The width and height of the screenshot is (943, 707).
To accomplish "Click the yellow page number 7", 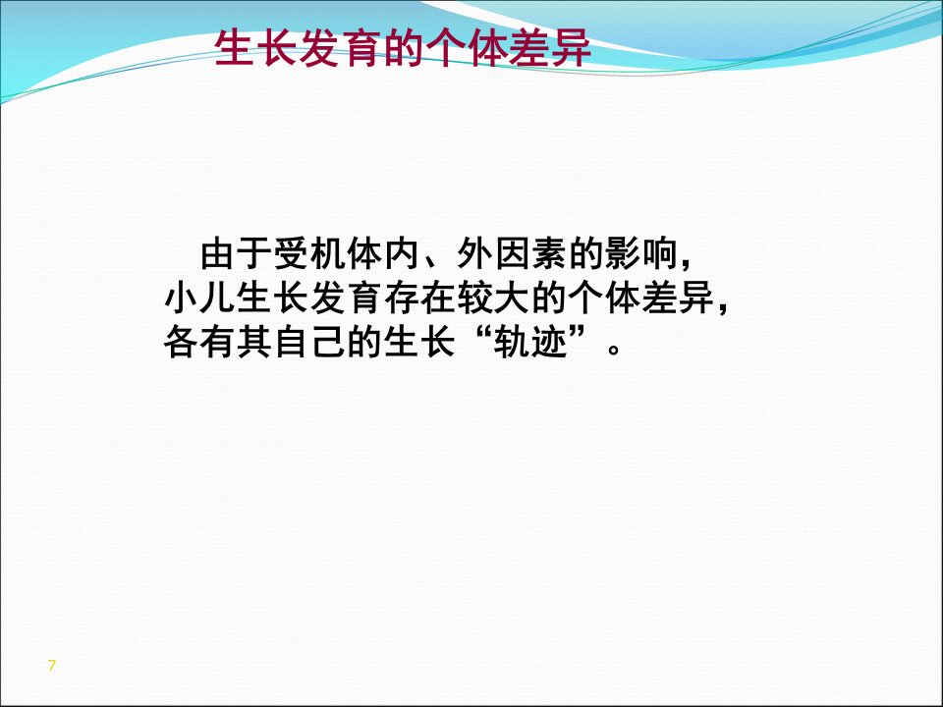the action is pos(52,665).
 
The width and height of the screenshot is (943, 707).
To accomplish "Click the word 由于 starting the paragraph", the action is pos(236,253).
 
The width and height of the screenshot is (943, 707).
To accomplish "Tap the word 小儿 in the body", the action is pos(199,298).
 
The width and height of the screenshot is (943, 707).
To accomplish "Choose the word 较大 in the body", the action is pos(494,298).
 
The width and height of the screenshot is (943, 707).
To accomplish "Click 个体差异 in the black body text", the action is pos(641,298).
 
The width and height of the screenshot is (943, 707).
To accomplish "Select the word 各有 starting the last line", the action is pos(199,342).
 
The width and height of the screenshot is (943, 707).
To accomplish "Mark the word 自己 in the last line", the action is pos(309,342).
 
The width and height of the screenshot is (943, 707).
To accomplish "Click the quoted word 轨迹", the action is pos(530,342).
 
